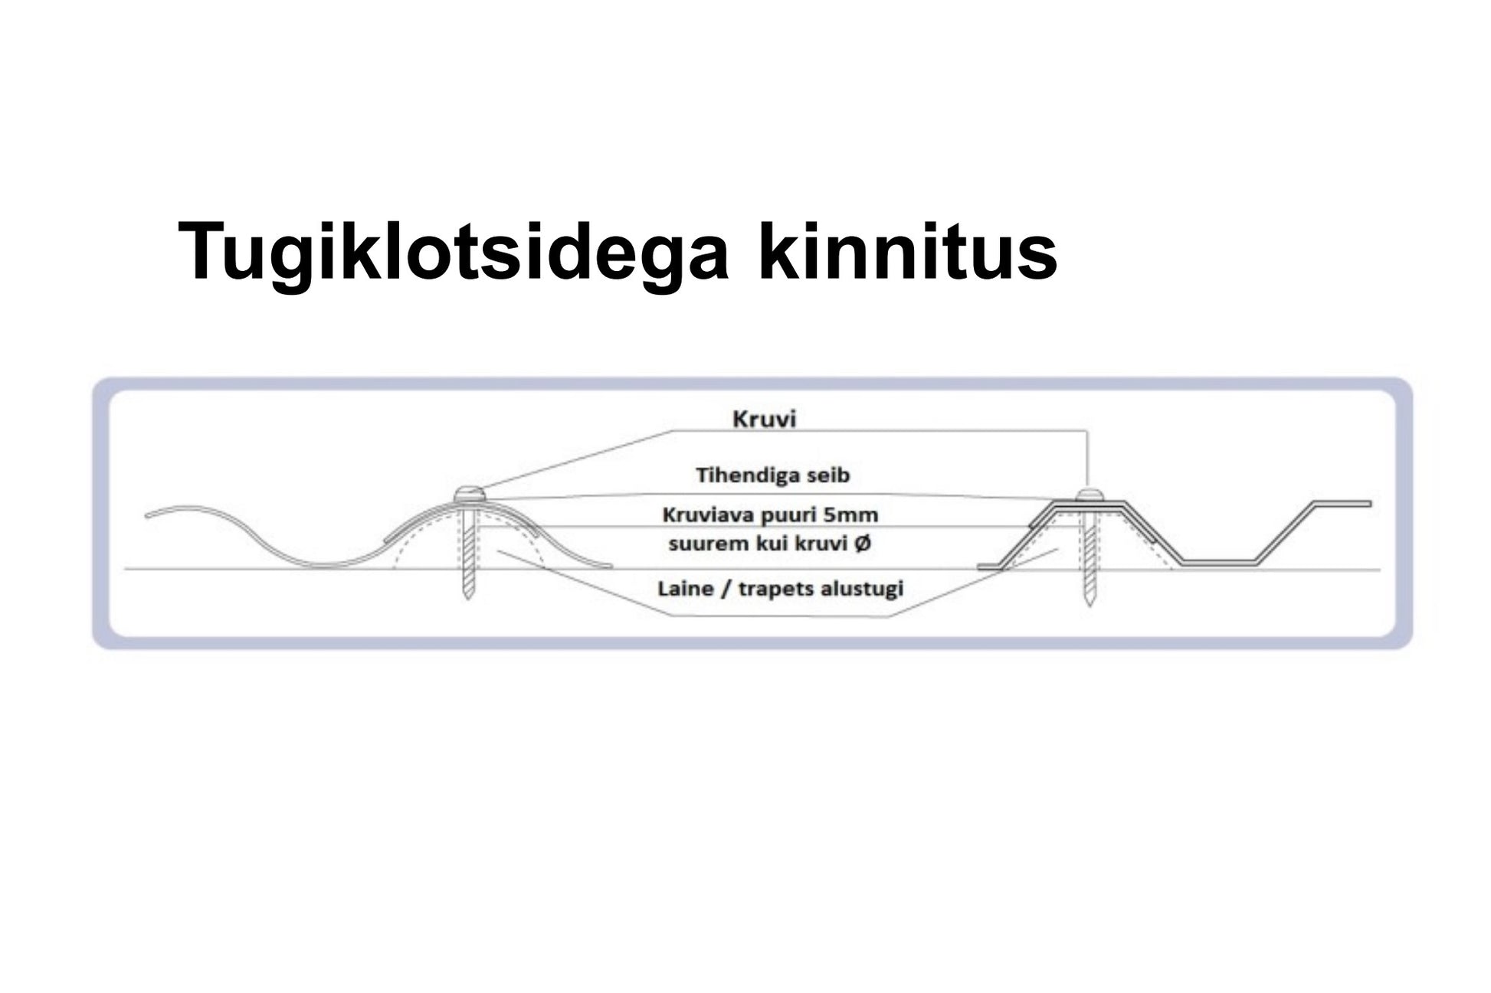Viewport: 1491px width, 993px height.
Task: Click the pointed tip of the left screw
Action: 469,599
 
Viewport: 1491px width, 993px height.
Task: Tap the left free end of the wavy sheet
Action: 146,515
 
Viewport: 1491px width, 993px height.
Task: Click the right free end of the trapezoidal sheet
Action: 1370,504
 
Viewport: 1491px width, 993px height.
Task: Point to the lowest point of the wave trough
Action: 326,566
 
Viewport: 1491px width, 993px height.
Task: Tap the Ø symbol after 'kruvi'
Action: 862,544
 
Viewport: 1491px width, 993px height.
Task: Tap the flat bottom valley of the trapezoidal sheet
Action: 1218,563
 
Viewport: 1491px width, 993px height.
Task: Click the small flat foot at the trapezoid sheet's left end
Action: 995,567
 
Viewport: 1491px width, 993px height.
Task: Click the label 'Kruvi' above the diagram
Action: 765,420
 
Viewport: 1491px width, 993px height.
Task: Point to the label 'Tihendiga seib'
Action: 772,475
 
